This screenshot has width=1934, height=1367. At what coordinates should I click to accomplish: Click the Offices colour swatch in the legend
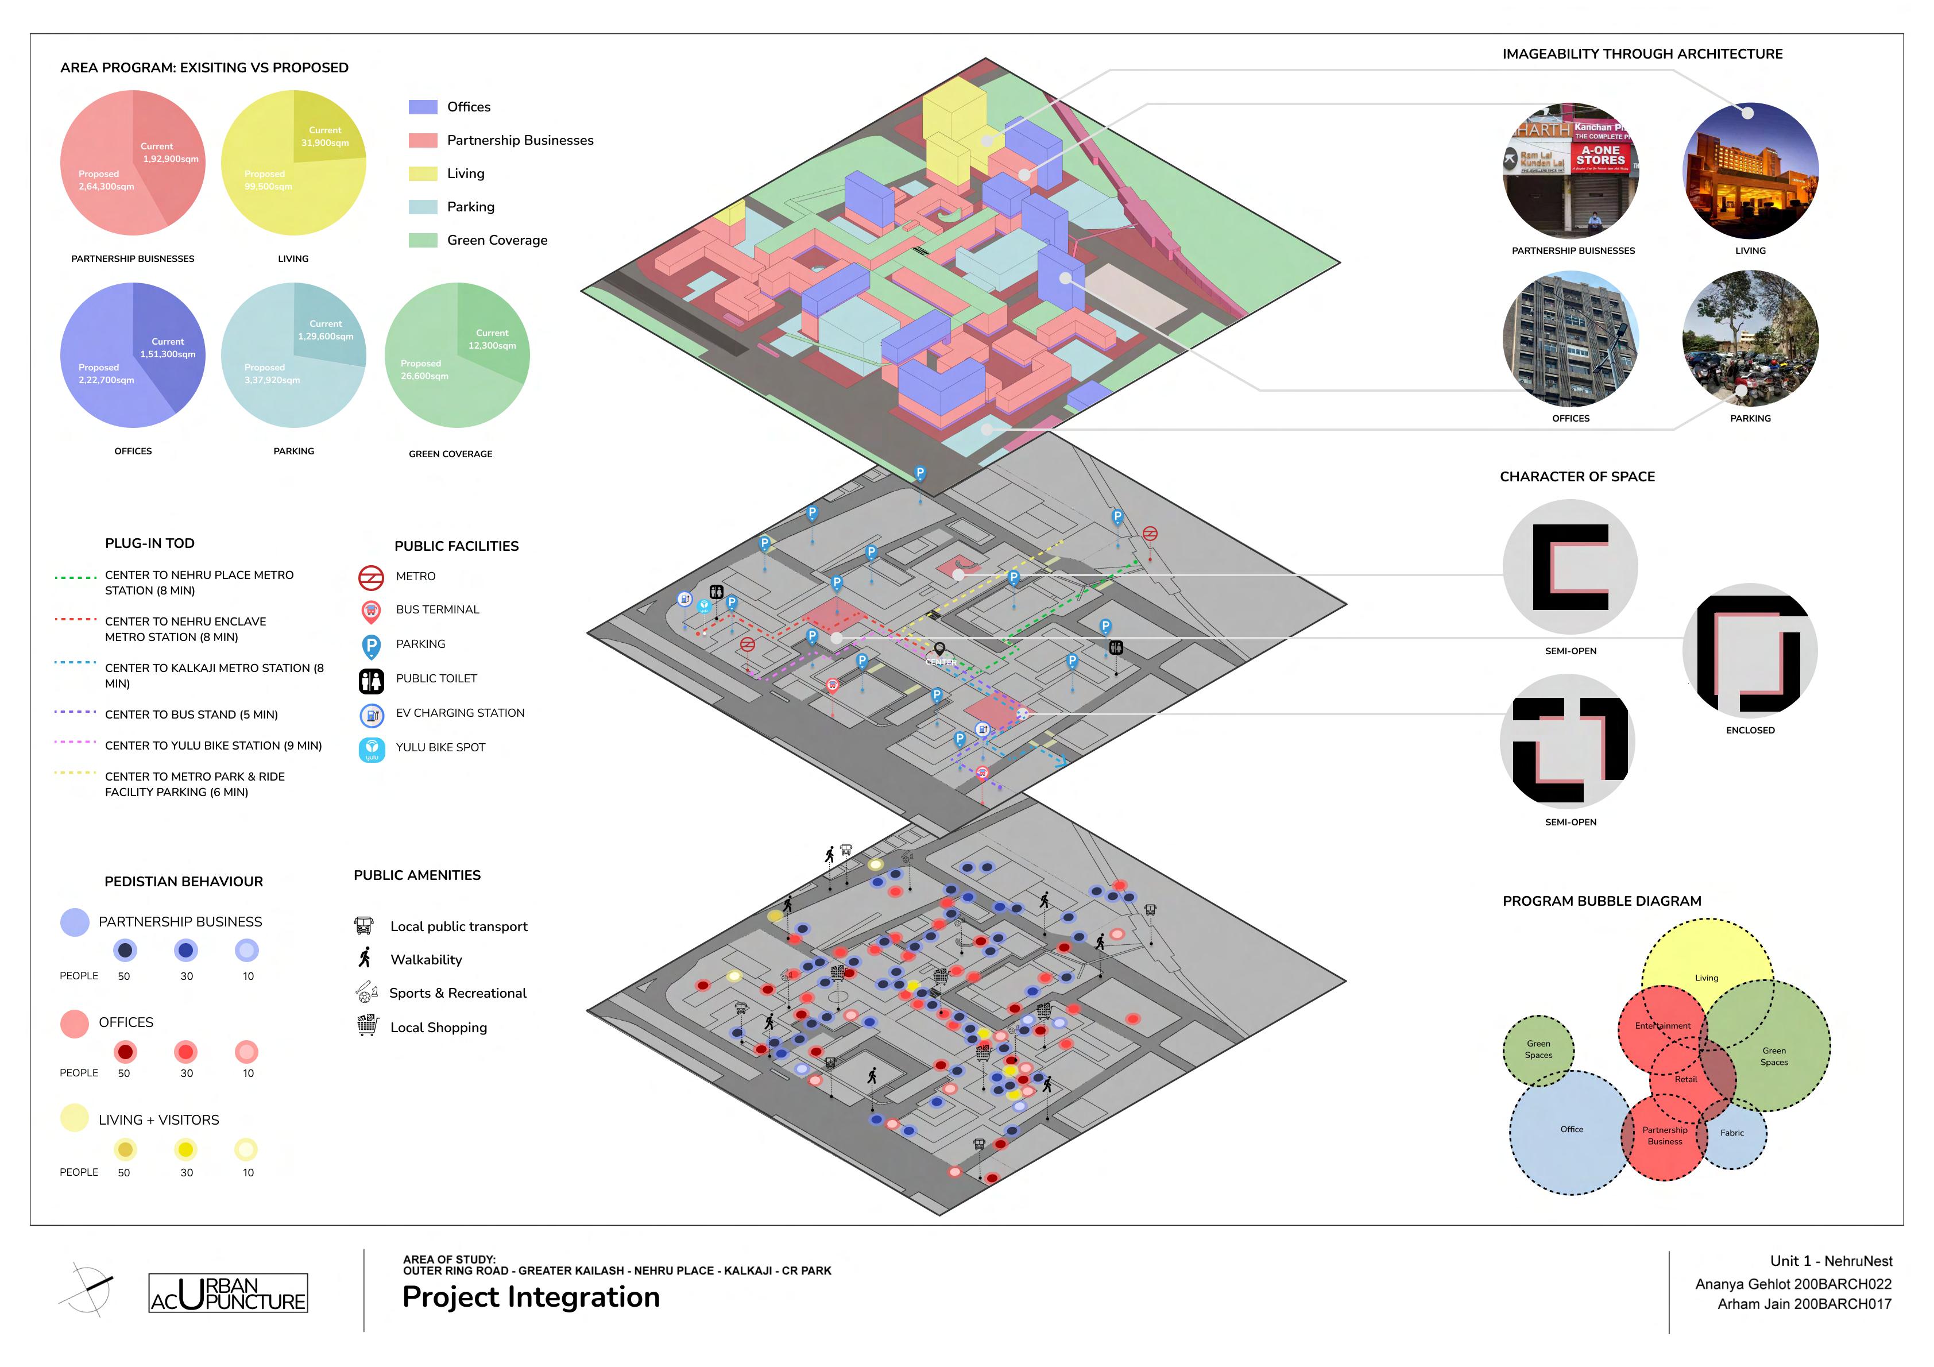tap(423, 107)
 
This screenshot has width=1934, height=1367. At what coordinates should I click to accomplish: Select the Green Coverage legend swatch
tap(423, 240)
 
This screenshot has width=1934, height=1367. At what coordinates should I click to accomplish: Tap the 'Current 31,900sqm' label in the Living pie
tap(325, 137)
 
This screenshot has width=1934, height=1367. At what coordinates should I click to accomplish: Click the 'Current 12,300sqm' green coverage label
tap(492, 339)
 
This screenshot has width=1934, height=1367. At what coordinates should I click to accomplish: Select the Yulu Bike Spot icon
tap(372, 749)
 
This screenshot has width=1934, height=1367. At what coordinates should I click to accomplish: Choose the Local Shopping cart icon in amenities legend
tap(368, 1026)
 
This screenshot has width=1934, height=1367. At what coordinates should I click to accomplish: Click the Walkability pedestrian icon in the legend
tap(365, 958)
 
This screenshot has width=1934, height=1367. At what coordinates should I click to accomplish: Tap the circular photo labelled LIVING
tap(1750, 171)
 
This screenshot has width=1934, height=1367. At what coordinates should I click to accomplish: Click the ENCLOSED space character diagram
tap(1750, 651)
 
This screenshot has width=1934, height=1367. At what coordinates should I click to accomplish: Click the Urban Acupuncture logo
tap(229, 1293)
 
